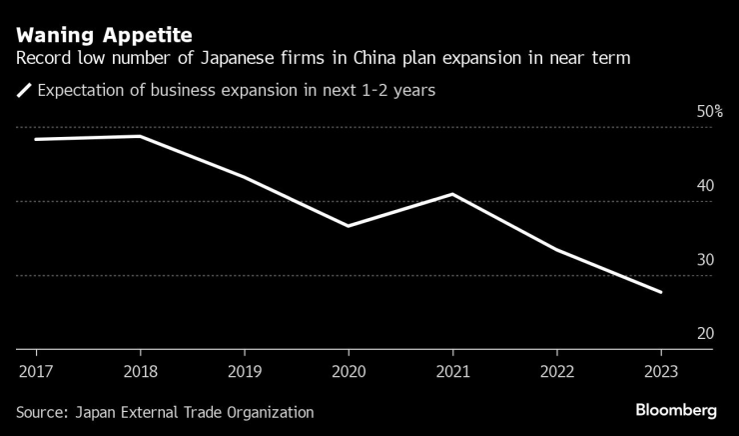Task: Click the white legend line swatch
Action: pos(24,92)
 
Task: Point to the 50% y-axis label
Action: pos(709,112)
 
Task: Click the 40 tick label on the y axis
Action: pos(705,186)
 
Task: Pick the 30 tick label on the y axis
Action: pos(705,260)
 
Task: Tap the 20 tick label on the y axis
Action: pos(705,334)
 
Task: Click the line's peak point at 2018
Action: pos(141,136)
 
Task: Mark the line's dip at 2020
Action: pos(349,226)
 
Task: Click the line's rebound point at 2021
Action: pos(453,194)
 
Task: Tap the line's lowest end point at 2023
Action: pos(661,292)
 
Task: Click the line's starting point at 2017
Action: pos(37,139)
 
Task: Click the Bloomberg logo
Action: pos(676,411)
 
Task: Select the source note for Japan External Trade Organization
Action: pos(165,412)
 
